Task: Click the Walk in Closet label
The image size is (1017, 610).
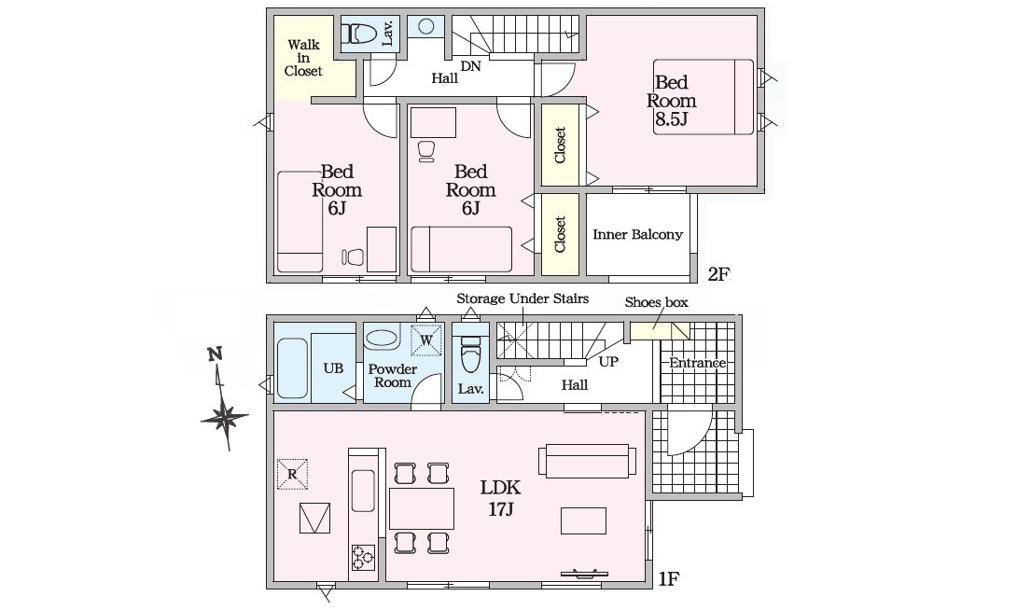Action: pyautogui.click(x=303, y=58)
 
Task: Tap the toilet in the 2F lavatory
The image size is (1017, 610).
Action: pyautogui.click(x=359, y=33)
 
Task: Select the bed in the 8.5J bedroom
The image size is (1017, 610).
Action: pyautogui.click(x=704, y=97)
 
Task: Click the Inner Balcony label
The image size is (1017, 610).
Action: pyautogui.click(x=637, y=234)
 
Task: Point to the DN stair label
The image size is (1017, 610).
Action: pyautogui.click(x=471, y=65)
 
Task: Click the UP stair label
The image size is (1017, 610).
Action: pyautogui.click(x=608, y=361)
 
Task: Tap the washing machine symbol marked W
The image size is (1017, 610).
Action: pyautogui.click(x=426, y=340)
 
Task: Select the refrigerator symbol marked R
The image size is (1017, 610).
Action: pyautogui.click(x=292, y=474)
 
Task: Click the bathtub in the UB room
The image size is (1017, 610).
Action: pyautogui.click(x=292, y=367)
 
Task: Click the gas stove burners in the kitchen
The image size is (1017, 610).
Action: pyautogui.click(x=363, y=556)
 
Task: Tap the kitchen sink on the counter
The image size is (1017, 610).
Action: pyautogui.click(x=363, y=491)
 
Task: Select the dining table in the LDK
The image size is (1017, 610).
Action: pyautogui.click(x=422, y=508)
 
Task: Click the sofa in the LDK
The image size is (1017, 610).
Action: pyautogui.click(x=587, y=460)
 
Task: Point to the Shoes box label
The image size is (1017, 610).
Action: pyautogui.click(x=656, y=302)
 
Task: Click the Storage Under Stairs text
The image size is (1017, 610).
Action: pyautogui.click(x=522, y=298)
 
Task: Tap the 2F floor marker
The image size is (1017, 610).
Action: pyautogui.click(x=718, y=274)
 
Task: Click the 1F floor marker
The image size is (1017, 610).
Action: pyautogui.click(x=669, y=578)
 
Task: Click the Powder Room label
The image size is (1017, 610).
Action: pyautogui.click(x=393, y=375)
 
